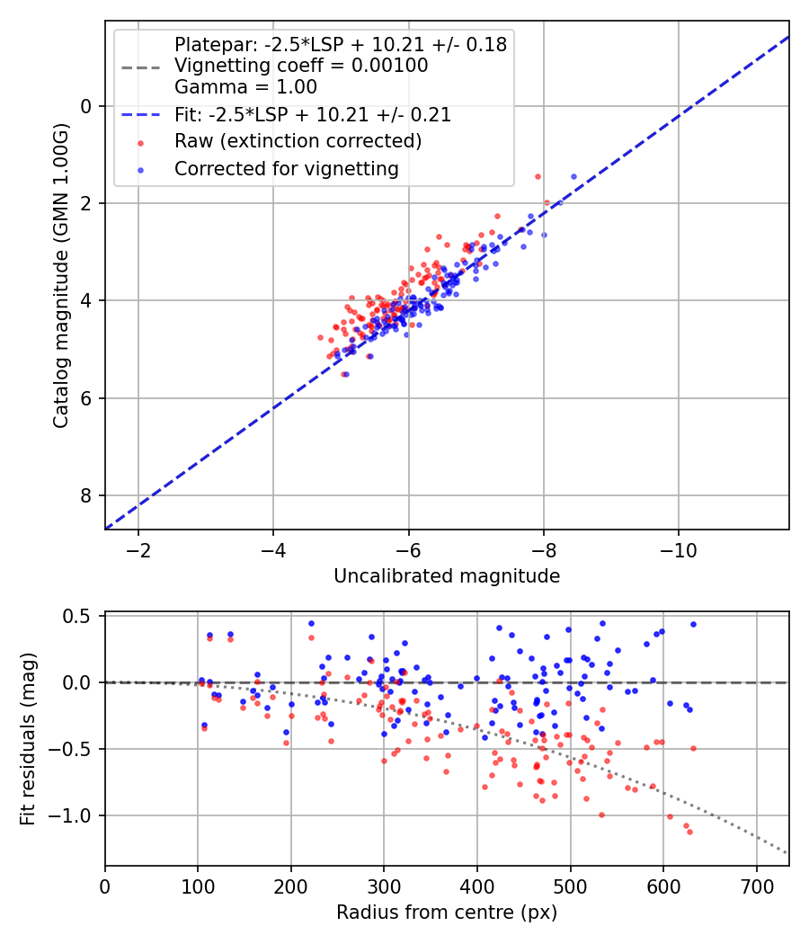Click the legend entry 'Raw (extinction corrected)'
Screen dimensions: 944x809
(298, 141)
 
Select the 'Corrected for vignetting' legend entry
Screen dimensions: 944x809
(286, 168)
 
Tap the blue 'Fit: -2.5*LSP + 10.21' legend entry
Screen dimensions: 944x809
(312, 115)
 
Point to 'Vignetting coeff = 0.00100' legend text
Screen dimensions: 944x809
(300, 66)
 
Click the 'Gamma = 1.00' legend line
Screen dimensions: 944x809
(245, 87)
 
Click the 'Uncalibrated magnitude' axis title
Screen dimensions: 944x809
(447, 576)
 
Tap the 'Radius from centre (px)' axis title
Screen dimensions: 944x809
(447, 913)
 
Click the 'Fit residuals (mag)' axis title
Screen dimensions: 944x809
(28, 739)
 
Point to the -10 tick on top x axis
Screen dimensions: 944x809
(679, 549)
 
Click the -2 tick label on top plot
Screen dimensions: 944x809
(138, 549)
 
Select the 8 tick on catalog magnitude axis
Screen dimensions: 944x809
(87, 495)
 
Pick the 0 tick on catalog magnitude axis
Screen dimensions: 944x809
(87, 106)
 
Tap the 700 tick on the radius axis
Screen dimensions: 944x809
(756, 886)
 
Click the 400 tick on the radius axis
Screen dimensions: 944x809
(476, 886)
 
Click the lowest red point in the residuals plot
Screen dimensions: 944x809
(689, 832)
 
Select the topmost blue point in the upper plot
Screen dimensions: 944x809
(573, 176)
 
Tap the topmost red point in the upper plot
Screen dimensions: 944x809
(538, 176)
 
